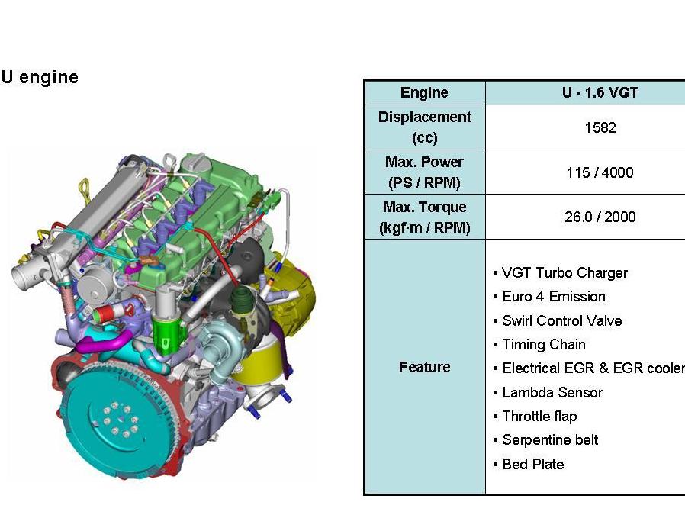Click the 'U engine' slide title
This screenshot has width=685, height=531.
[x=40, y=77]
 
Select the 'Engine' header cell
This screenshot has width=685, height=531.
[x=424, y=93]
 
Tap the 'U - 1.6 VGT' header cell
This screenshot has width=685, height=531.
[x=600, y=93]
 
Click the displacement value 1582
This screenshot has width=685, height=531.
[x=600, y=128]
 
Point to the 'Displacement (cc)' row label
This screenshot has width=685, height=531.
[x=424, y=127]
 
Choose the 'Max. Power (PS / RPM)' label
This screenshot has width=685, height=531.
[x=424, y=172]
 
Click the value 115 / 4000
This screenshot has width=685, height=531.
[x=600, y=172]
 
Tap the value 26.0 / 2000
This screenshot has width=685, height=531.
[x=600, y=217]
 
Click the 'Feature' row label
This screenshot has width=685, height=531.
[x=424, y=367]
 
